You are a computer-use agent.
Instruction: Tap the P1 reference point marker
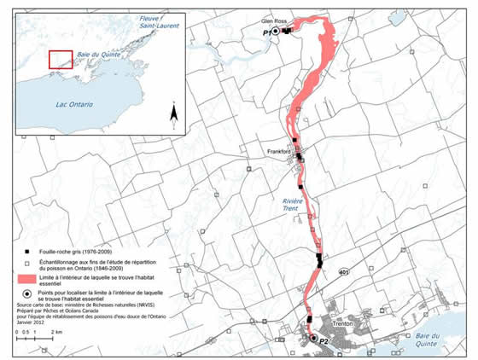(276, 32)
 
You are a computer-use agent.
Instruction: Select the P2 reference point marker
(313, 339)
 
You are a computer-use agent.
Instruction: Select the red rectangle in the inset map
(60, 60)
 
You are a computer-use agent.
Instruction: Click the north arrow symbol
(172, 112)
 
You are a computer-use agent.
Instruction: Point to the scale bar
(34, 340)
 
